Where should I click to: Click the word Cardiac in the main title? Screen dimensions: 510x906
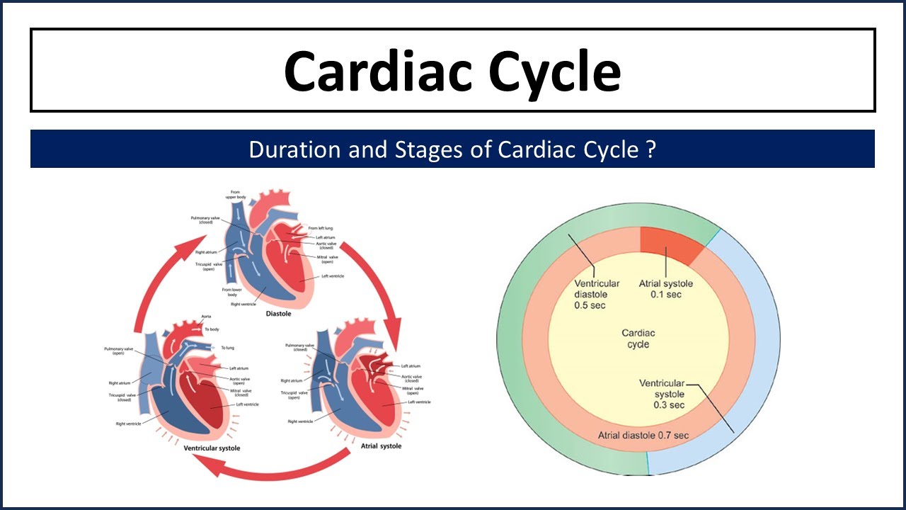pyautogui.click(x=368, y=72)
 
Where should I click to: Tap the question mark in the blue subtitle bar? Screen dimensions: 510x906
pyautogui.click(x=650, y=149)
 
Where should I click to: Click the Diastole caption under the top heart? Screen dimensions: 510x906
pyautogui.click(x=280, y=313)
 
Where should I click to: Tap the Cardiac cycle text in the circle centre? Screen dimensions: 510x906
pyautogui.click(x=638, y=339)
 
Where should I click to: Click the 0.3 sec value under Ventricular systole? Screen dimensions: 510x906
pyautogui.click(x=669, y=405)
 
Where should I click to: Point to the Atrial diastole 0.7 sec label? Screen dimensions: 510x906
pyautogui.click(x=643, y=435)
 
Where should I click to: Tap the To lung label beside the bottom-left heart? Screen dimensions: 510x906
pyautogui.click(x=227, y=348)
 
